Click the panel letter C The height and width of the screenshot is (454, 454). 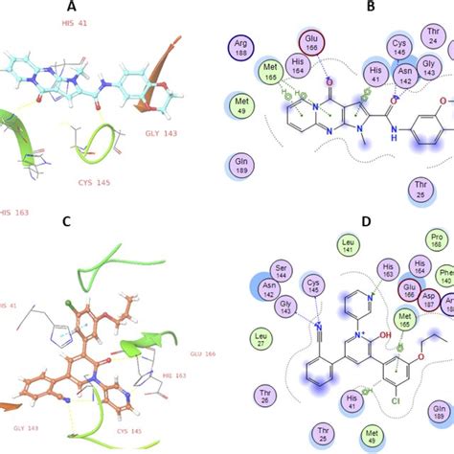tap(110, 221)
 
